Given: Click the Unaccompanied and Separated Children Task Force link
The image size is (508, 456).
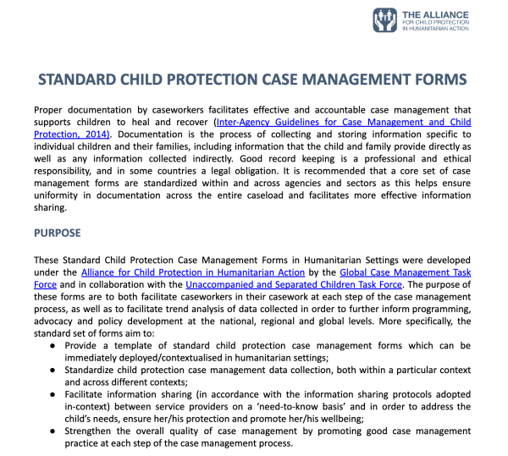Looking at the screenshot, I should click(294, 284).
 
